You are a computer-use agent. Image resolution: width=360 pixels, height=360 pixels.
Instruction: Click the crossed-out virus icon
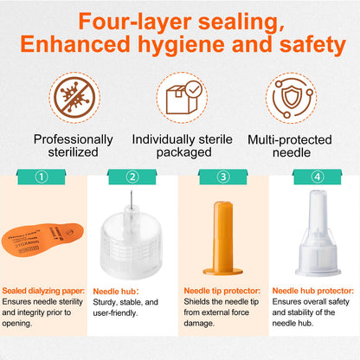(x=74, y=97)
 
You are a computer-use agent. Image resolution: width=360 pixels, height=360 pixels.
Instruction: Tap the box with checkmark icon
(x=182, y=98)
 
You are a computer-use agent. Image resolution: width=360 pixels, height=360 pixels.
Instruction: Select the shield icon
(x=292, y=98)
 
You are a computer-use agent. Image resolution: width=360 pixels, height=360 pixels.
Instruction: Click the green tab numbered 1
(x=42, y=177)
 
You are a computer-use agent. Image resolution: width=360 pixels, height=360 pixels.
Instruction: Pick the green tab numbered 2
(x=132, y=177)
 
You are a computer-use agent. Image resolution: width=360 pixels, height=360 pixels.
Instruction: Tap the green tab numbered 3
(x=223, y=177)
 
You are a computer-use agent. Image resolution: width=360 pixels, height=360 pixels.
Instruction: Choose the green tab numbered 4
(x=317, y=177)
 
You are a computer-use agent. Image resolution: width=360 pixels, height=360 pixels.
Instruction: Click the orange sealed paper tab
(x=42, y=240)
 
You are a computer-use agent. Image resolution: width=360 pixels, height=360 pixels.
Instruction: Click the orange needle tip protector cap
(x=222, y=238)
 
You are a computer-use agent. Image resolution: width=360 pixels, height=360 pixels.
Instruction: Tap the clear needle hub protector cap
(x=318, y=233)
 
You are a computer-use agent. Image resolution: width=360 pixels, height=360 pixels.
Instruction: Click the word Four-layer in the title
(x=135, y=22)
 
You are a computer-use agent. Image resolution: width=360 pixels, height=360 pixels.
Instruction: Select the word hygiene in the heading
(x=181, y=45)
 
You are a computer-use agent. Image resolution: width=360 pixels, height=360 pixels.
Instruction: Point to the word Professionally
(x=74, y=140)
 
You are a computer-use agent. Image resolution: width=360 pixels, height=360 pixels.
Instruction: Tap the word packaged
(x=184, y=153)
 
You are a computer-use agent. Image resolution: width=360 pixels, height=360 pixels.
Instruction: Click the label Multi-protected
(x=290, y=139)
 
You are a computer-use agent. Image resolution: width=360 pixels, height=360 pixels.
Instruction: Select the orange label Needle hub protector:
(x=313, y=291)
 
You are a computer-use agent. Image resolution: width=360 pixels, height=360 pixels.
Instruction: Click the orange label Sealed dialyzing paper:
(x=43, y=291)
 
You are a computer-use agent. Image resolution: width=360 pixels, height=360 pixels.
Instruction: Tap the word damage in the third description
(x=198, y=324)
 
